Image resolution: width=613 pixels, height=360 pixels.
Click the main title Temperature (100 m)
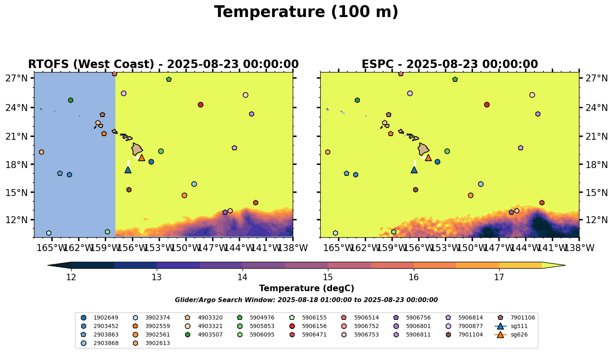coord(306,12)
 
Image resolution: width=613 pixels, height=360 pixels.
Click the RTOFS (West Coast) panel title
coord(163,64)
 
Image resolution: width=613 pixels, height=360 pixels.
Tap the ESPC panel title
coord(449,64)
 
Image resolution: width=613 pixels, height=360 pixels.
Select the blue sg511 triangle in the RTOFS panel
coord(128,170)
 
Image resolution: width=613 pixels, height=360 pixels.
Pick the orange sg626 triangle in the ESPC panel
coord(428,158)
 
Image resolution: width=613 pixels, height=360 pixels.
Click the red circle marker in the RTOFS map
coord(200,104)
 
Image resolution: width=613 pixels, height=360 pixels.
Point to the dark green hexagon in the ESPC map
coord(357,100)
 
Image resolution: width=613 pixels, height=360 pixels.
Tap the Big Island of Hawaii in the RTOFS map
coord(137,149)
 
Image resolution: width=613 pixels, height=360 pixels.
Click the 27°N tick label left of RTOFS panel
coord(16,79)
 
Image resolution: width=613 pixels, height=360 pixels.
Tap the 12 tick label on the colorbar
coord(71,277)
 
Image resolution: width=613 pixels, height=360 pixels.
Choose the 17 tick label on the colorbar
coord(499,277)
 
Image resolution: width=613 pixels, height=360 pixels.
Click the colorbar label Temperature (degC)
coord(306,288)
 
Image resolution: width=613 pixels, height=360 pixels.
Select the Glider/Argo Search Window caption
coord(306,300)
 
